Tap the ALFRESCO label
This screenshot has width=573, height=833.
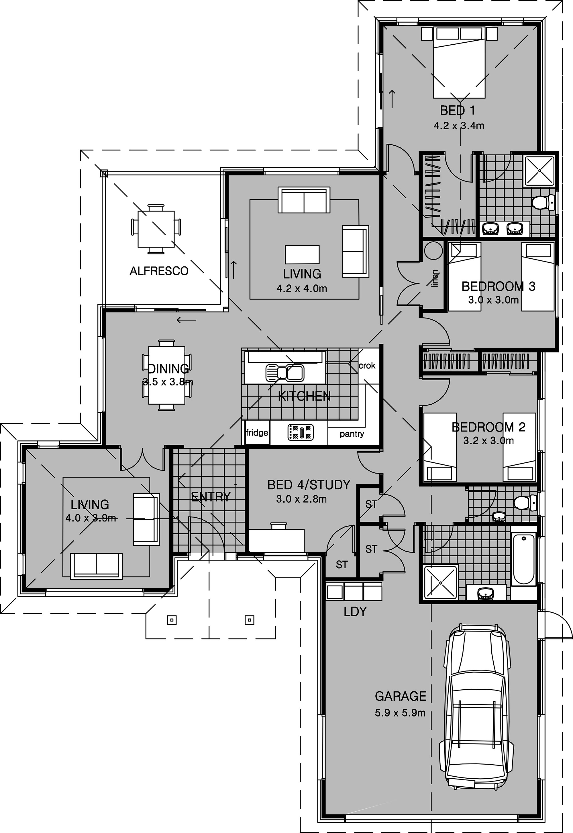click(159, 271)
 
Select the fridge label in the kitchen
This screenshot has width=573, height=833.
click(257, 433)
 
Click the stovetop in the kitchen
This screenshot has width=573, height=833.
click(301, 432)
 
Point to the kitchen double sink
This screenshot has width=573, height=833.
click(285, 373)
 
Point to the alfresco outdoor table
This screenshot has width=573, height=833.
click(156, 229)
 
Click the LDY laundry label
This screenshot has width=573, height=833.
click(355, 612)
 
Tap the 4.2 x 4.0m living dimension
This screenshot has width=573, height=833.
click(302, 288)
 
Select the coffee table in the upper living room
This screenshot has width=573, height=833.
click(302, 254)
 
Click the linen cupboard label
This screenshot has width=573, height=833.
click(435, 279)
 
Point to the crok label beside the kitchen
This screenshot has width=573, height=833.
click(367, 365)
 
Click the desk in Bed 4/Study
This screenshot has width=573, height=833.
click(277, 540)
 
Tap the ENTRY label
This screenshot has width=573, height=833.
click(211, 497)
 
